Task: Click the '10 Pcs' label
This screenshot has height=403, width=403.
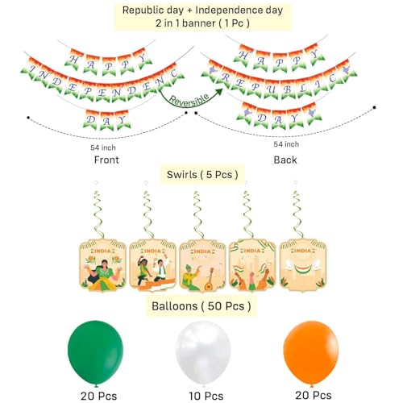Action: click(x=206, y=396)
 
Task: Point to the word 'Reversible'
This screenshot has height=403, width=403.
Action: click(x=189, y=100)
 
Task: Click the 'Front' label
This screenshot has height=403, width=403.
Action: click(x=106, y=160)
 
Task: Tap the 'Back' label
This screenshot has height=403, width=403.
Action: click(x=285, y=160)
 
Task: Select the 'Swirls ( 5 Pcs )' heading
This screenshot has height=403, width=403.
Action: click(x=202, y=175)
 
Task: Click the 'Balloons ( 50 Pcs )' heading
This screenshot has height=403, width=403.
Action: click(x=201, y=306)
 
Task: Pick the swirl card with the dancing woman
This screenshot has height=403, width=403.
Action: click(x=102, y=265)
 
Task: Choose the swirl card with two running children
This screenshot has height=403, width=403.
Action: click(x=152, y=265)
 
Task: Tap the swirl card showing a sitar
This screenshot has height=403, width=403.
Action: click(x=202, y=265)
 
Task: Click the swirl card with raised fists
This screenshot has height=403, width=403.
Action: click(x=252, y=265)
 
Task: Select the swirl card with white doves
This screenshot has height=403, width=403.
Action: click(x=303, y=265)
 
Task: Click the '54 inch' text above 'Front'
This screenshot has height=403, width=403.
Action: click(x=103, y=147)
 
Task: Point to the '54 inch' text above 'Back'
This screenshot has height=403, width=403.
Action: click(x=286, y=144)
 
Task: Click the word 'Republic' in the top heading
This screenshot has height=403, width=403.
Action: click(x=140, y=10)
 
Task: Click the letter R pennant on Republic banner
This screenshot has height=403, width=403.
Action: click(x=226, y=78)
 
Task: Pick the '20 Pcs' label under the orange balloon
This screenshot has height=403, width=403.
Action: click(x=314, y=396)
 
